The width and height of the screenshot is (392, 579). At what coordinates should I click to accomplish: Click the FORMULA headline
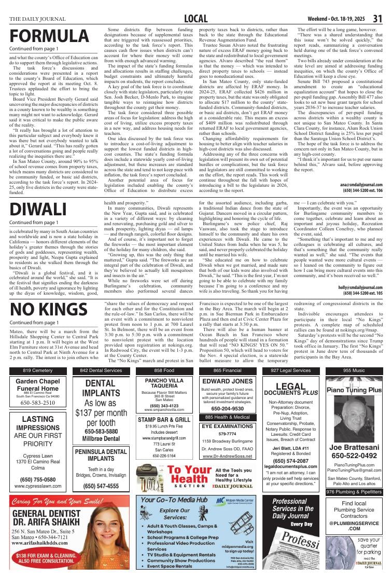coord(49,37)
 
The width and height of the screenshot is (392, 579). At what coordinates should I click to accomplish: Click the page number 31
coord(377,19)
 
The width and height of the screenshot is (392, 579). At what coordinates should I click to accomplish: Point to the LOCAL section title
coord(195,19)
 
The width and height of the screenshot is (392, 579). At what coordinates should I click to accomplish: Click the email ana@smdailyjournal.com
coord(361,185)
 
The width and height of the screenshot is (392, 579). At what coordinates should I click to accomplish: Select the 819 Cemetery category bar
coord(37,370)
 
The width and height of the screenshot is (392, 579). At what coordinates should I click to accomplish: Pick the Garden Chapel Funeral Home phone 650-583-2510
coord(37,403)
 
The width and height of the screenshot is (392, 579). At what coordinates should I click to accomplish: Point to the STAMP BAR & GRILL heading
coord(164,419)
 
